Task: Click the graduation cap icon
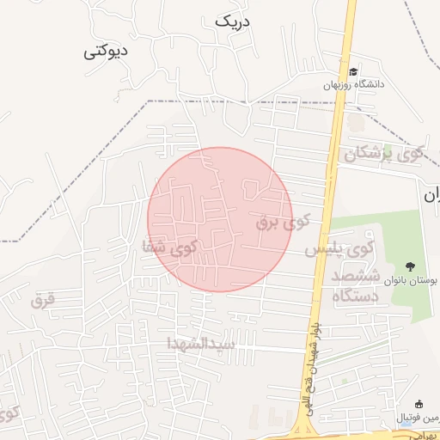(353, 71)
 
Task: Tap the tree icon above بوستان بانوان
(409, 266)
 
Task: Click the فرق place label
(41, 300)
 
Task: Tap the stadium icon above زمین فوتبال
(419, 405)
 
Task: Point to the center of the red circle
(220, 219)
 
